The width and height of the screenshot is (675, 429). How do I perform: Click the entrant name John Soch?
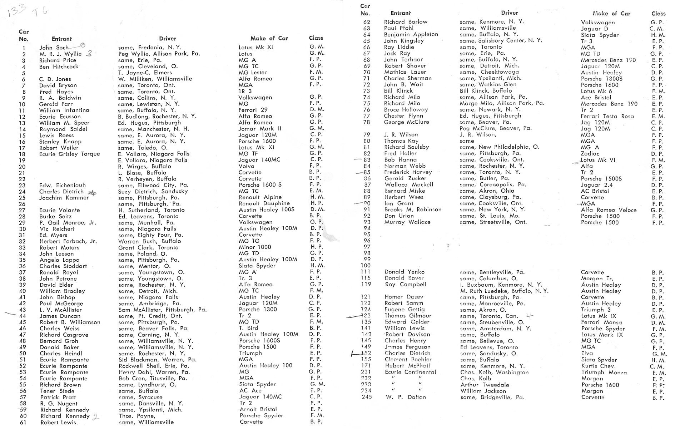tap(54, 48)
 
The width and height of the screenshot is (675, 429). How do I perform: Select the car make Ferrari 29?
tap(253, 110)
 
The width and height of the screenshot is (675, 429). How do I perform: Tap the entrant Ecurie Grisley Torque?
tap(70, 154)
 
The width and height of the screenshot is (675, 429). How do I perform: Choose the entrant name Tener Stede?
tap(57, 391)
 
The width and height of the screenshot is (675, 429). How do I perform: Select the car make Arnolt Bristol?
tap(258, 409)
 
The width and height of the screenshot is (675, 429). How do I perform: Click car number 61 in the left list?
tap(23, 423)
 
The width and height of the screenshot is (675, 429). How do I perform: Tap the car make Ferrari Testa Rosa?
tap(607, 116)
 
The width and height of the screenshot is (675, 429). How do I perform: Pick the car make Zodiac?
tap(590, 153)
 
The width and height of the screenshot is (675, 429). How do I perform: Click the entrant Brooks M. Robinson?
tap(413, 210)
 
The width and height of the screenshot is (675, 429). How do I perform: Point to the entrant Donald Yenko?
tap(404, 272)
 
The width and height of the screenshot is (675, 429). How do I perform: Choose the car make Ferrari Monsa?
tap(601, 322)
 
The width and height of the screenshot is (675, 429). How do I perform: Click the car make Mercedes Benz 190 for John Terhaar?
tap(608, 60)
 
